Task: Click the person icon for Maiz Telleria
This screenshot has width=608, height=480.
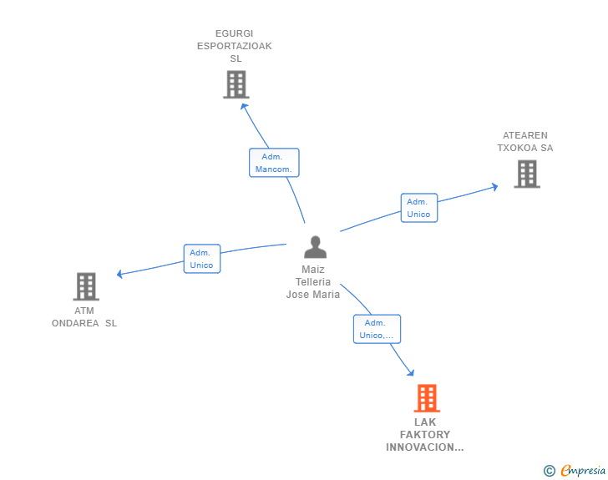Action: pos(315,247)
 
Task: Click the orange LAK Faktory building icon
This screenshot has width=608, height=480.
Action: pos(427,398)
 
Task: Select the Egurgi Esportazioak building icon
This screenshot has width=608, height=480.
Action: pos(236,84)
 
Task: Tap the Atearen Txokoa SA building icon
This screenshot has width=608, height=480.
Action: pos(527,174)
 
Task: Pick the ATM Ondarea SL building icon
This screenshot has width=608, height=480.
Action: pos(86,286)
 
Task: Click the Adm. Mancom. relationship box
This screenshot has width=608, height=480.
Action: pos(274,163)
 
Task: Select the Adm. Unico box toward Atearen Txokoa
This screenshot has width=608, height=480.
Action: pos(418,208)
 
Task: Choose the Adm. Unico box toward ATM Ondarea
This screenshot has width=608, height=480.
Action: pos(201,259)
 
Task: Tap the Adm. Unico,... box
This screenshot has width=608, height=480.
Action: pos(377,329)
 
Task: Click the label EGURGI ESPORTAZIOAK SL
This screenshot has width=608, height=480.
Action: pos(235,46)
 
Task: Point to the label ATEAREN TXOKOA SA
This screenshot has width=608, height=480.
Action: pos(525,142)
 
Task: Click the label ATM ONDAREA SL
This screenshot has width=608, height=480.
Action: pos(84,317)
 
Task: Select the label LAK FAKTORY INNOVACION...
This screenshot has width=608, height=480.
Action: pos(424,435)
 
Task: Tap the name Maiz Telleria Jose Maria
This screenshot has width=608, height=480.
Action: pos(313,282)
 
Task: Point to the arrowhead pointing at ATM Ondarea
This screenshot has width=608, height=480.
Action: pos(120,274)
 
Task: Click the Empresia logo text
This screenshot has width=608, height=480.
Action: pos(583,471)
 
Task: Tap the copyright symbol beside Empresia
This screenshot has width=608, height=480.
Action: pos(550,471)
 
